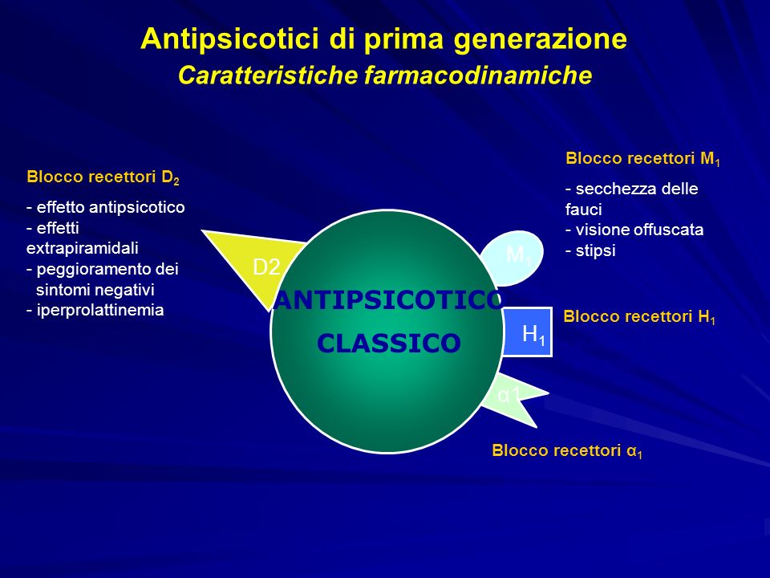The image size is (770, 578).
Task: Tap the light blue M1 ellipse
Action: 516,257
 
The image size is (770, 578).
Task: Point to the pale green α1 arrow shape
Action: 513,399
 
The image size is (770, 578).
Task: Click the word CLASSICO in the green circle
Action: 389,343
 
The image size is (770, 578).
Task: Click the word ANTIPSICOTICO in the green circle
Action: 387,300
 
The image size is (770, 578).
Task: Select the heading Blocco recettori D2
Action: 103,177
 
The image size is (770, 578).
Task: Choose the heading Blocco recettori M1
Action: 642,159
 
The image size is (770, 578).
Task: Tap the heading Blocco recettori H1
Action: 639,316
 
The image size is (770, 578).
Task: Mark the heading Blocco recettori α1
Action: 567,450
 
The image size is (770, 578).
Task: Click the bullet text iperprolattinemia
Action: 95,310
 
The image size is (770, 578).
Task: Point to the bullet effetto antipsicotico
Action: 106,207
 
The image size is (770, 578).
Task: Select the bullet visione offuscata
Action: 634,230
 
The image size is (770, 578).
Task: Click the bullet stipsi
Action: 590,250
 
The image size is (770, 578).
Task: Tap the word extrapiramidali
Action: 82,248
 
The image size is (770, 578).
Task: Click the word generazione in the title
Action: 540,39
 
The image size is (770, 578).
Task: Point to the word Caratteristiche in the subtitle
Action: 268,75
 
